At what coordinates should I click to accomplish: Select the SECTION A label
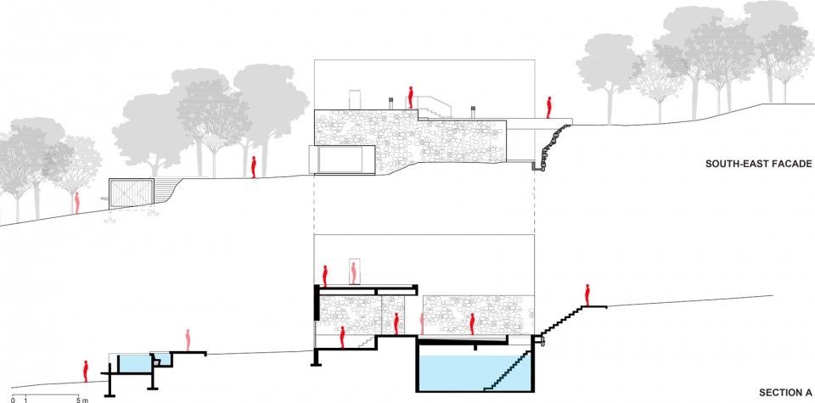[785, 393]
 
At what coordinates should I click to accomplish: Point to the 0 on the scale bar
[13, 400]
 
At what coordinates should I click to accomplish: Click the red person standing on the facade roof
[410, 97]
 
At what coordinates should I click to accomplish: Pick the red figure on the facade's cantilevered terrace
[548, 108]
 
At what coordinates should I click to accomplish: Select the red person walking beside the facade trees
[254, 167]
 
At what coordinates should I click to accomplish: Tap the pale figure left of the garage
[77, 203]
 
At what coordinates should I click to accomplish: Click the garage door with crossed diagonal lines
[131, 194]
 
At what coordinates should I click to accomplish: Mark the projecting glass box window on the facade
[341, 160]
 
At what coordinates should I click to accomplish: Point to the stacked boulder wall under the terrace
[551, 147]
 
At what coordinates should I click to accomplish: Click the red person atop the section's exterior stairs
[587, 295]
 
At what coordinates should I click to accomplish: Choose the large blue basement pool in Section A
[475, 372]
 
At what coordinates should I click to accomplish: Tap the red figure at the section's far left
[86, 372]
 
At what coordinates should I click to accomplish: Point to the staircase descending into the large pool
[508, 371]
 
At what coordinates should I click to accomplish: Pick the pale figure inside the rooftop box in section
[353, 273]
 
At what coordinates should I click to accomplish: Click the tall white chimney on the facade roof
[355, 100]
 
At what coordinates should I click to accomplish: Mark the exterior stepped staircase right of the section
[562, 321]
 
